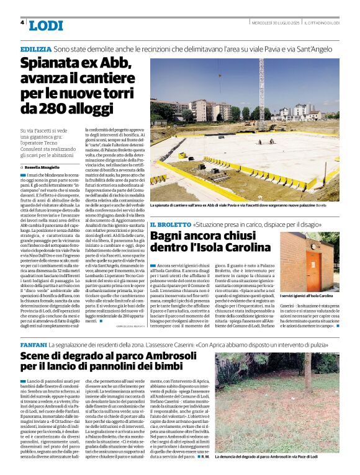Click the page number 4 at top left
click(22, 22)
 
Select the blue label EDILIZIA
click(35, 48)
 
